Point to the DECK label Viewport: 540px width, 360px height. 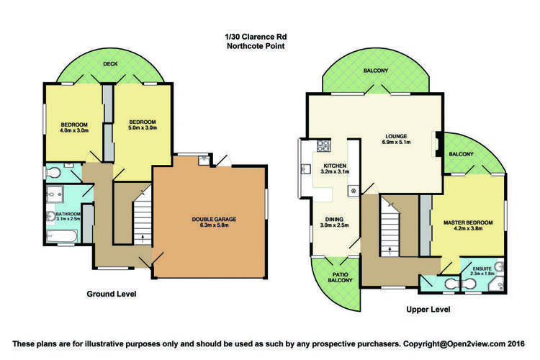pyautogui.click(x=110, y=63)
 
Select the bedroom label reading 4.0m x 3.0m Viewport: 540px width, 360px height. pyautogui.click(x=73, y=125)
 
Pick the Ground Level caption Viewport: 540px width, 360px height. pyautogui.click(x=112, y=294)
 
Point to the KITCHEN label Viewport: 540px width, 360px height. pyautogui.click(x=334, y=168)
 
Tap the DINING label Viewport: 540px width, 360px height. pyautogui.click(x=334, y=221)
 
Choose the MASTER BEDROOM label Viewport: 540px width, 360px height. pyautogui.click(x=468, y=225)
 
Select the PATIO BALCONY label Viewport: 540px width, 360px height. pyautogui.click(x=340, y=276)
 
